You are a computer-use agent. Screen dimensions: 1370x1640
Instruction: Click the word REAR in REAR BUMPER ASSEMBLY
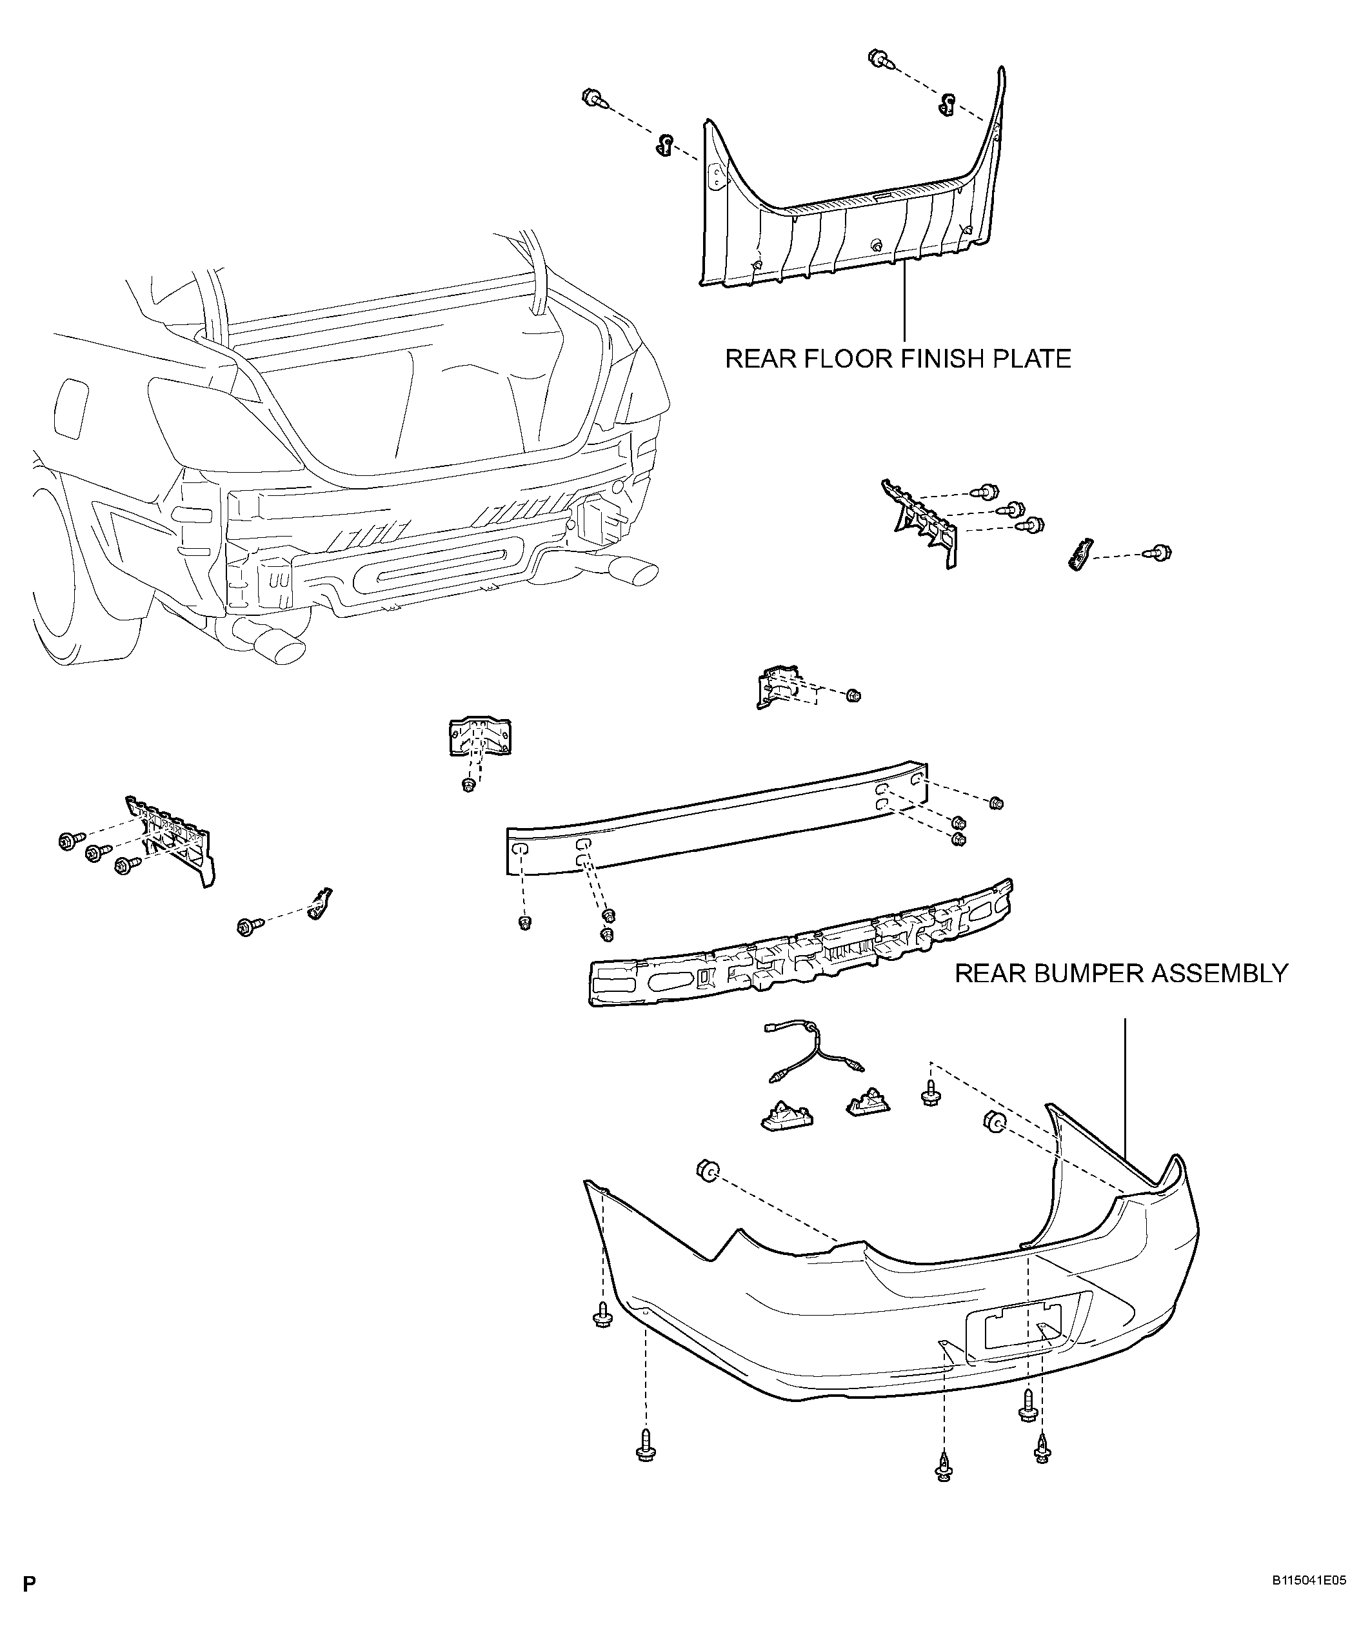989,974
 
